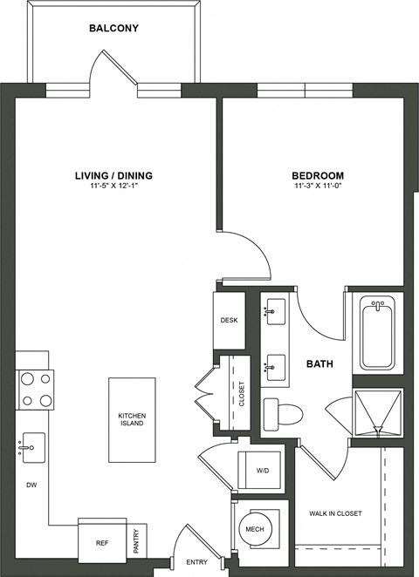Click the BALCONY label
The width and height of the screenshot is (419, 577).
(x=113, y=29)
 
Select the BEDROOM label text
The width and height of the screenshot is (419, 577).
(x=317, y=175)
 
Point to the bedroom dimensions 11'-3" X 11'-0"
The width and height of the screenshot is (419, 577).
(x=317, y=186)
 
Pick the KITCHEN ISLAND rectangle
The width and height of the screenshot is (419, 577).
(x=132, y=419)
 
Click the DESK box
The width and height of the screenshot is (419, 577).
(x=229, y=320)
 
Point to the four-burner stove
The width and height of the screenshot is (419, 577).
(x=35, y=390)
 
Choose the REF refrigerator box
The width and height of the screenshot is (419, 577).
(x=101, y=541)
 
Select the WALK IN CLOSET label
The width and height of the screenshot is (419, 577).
(x=334, y=513)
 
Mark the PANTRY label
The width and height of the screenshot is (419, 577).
(x=137, y=540)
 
